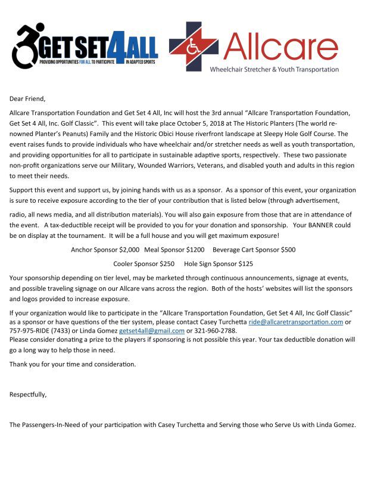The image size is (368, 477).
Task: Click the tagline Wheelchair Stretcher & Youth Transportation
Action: [x=274, y=69]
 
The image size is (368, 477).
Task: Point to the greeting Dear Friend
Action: [x=27, y=98]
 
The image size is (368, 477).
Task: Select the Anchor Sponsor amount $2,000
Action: [x=129, y=249]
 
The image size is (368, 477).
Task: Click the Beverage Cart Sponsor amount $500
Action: [x=286, y=249]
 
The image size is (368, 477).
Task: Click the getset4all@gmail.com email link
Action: [x=152, y=330]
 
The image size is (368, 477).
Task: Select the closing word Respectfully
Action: [x=28, y=394]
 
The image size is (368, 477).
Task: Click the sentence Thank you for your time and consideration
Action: [x=73, y=364]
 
